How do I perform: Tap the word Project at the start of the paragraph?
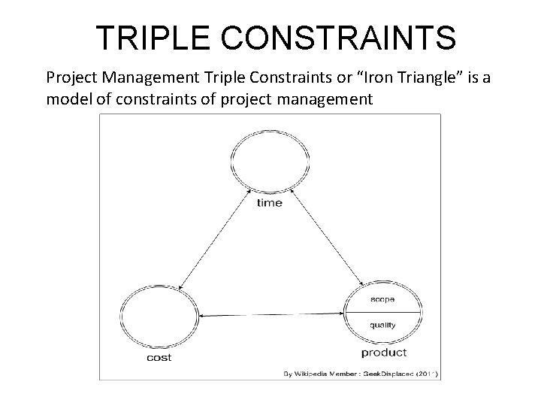click(70, 77)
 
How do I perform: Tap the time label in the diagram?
click(270, 202)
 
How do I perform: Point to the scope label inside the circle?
click(383, 299)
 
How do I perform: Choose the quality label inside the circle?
click(383, 326)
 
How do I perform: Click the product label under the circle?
click(384, 353)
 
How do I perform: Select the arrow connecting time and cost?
click(216, 239)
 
